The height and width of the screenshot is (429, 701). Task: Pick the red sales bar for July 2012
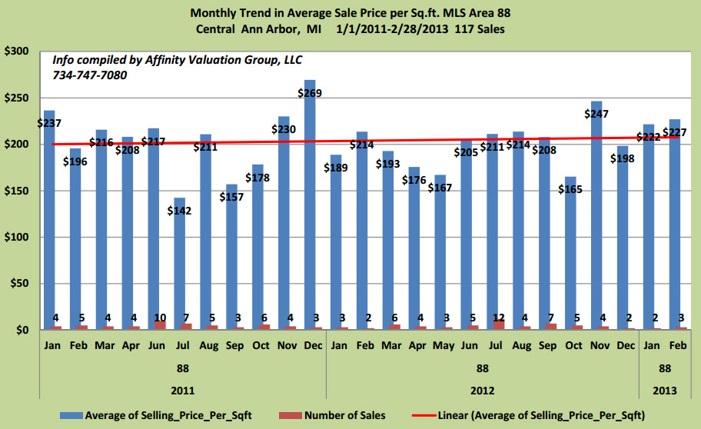500,324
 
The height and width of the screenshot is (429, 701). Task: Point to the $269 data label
310,93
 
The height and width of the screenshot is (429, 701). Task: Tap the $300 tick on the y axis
16,52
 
